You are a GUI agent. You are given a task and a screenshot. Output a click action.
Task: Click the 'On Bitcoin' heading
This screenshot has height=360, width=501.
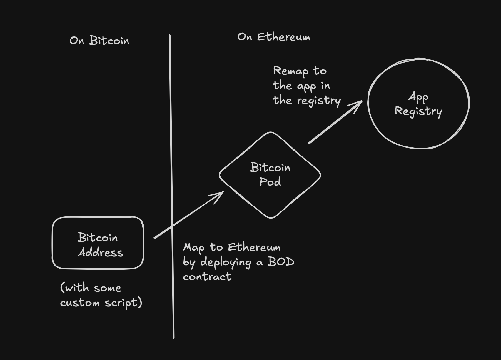point(99,40)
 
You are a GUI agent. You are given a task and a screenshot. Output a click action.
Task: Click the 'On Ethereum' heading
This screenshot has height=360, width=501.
point(274,37)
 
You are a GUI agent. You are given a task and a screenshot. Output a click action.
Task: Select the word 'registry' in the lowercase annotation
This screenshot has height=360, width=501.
point(319,101)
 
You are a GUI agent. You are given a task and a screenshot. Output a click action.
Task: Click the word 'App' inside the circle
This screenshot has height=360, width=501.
point(418,97)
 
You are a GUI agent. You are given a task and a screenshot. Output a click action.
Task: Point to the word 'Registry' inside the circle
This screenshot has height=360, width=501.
point(418,111)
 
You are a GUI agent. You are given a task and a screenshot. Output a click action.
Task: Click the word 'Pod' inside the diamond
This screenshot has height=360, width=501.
point(270,182)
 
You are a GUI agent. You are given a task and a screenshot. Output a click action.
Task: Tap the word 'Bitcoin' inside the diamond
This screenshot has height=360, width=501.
point(270,167)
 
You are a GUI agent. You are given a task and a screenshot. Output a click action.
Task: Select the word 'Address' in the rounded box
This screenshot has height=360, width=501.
point(101,252)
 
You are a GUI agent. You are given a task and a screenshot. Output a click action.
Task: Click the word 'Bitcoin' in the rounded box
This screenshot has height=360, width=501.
point(98,238)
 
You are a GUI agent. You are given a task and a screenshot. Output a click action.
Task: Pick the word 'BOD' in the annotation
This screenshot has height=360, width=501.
point(280,261)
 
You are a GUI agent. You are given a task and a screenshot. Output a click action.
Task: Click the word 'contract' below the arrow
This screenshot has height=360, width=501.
point(207,276)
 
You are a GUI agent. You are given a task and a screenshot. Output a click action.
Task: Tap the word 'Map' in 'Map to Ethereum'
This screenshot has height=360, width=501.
point(193,248)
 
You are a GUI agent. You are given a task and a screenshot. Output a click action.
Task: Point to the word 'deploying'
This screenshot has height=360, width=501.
point(226,262)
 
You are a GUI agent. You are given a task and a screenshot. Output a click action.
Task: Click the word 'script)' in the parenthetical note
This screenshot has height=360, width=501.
point(123,303)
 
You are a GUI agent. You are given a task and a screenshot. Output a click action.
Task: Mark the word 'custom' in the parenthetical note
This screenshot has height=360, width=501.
point(80,303)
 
